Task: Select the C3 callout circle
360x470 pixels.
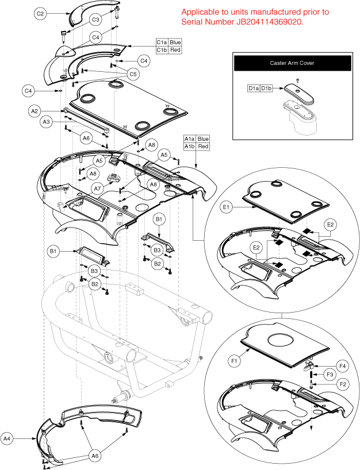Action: point(97,19)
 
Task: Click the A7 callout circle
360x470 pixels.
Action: point(98,187)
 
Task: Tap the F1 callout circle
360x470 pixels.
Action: point(234,362)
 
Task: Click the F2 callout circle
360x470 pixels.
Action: point(342,383)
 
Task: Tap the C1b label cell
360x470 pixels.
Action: point(162,50)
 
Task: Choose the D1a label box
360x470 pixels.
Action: point(254,88)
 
